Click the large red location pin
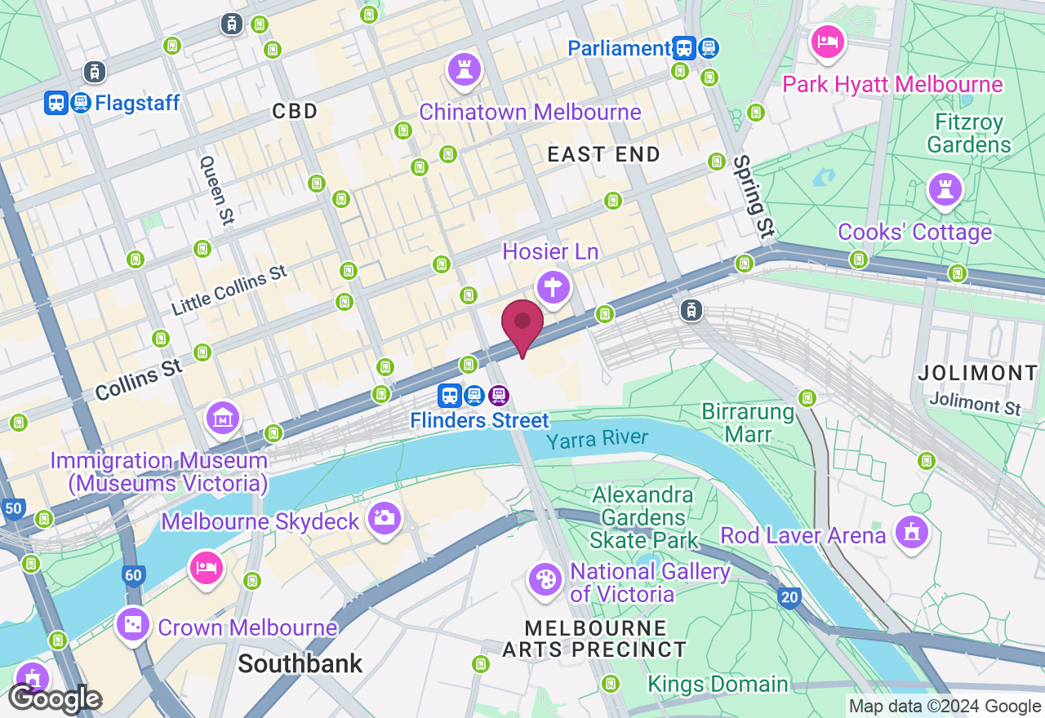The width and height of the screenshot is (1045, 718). coord(522,325)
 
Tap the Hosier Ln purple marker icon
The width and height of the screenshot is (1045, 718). coord(553,287)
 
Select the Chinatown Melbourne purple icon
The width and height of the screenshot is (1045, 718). coord(465,69)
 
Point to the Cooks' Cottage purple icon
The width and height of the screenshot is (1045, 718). coord(945,188)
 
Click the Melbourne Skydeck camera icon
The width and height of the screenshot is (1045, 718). coord(384,517)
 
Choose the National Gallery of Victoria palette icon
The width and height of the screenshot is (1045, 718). coord(545,579)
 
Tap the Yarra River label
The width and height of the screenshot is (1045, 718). coord(597,440)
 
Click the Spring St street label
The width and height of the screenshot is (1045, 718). coord(753,197)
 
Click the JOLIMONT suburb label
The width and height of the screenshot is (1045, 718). coord(977,373)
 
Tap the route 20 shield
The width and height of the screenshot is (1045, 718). coord(789,597)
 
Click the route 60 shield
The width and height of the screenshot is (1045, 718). coord(134,576)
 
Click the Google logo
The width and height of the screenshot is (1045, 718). coord(55,699)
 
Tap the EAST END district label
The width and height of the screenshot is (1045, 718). coord(603,154)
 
